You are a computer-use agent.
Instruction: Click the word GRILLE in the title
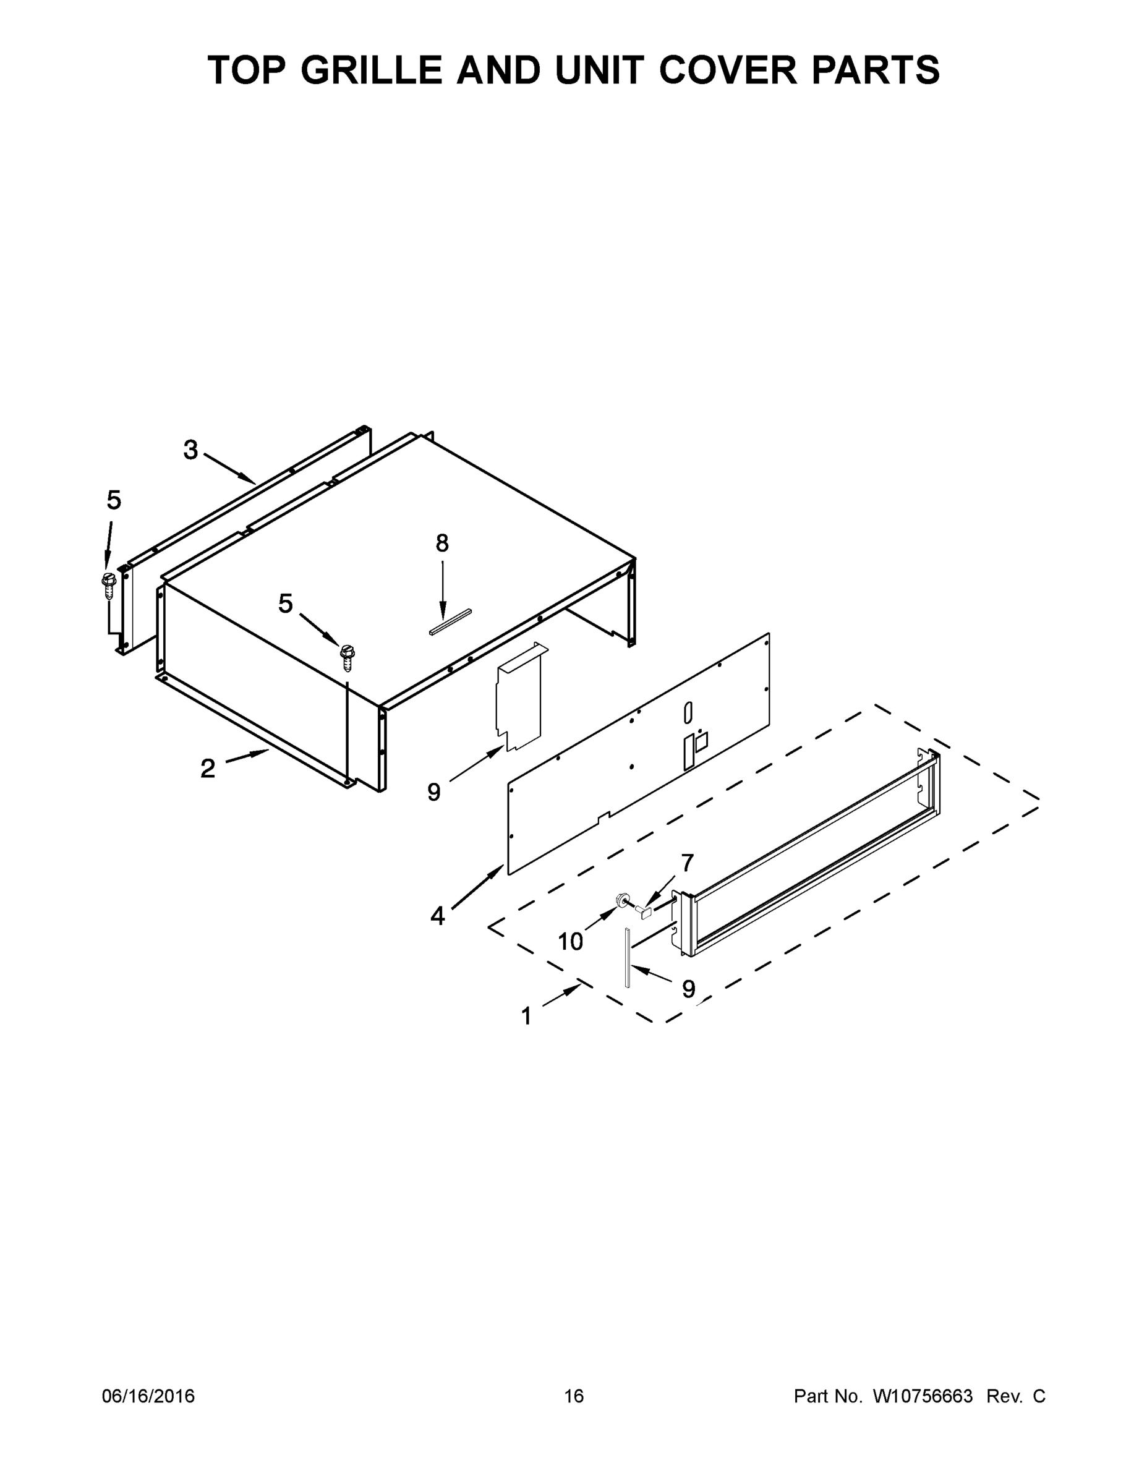(371, 70)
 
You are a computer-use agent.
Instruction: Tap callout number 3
(191, 449)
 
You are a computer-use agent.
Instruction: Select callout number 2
(208, 768)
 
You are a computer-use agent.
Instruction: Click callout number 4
(438, 916)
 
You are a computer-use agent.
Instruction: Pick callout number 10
(570, 941)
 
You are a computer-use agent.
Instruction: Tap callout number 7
(688, 863)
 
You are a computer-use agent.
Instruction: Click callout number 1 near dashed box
(526, 1016)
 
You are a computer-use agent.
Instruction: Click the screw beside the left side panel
(108, 584)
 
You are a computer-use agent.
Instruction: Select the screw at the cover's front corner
(348, 657)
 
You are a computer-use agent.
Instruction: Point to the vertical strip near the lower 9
(629, 958)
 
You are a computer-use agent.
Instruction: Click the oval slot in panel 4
(688, 713)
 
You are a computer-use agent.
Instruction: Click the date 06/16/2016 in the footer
(148, 1396)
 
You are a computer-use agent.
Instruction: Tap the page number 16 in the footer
(574, 1396)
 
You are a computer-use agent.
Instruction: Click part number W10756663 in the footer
(922, 1396)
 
